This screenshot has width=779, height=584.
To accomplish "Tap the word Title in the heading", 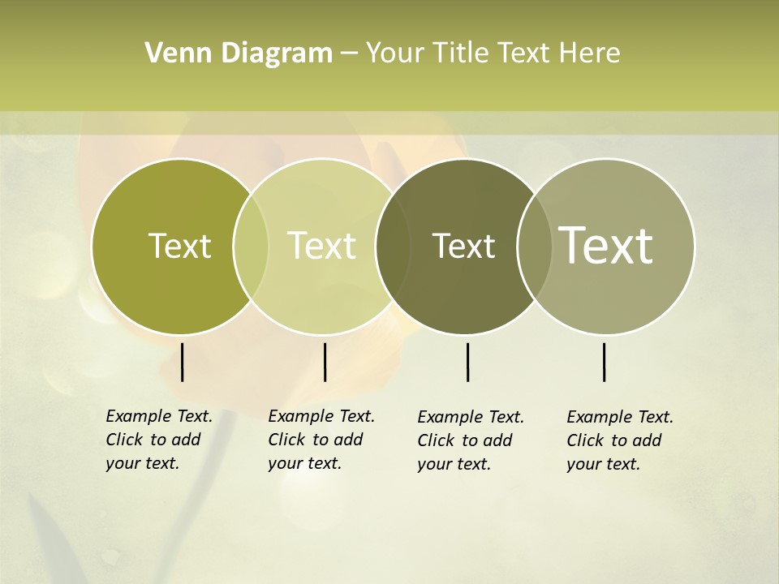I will click(460, 54).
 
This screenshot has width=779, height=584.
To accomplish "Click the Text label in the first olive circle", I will click(179, 246).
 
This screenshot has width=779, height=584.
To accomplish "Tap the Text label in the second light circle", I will click(322, 246).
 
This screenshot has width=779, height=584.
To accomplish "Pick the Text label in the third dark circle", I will click(463, 246).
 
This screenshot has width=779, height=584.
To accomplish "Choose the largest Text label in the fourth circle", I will click(606, 246).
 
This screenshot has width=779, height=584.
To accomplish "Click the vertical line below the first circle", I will click(183, 362).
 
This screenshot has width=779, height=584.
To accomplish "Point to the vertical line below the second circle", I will click(325, 362).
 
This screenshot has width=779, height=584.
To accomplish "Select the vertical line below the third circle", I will click(468, 362).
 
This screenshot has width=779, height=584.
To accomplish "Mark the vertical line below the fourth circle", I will click(605, 362).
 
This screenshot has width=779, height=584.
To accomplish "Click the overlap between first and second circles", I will click(251, 246).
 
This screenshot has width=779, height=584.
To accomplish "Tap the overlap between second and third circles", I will click(393, 246).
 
